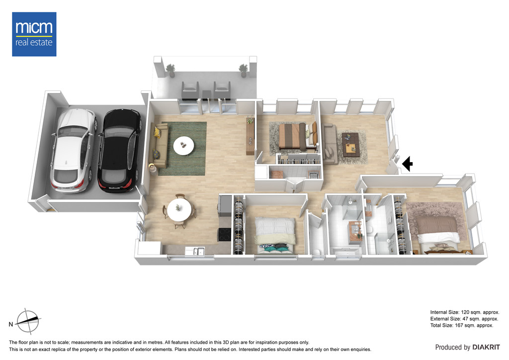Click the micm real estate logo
pos(34,34)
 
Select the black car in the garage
pos(120,151)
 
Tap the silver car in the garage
pos(74,150)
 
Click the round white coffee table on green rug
pos(183,146)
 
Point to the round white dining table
pos(179,210)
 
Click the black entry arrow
pos(408,164)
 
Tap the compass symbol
pos(28,321)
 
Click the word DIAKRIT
pos(486,348)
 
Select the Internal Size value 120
pos(465,312)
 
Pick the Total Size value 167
pos(459,325)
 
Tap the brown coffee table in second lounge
pos(350,145)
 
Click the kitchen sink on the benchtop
pos(195,251)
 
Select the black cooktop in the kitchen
pos(224,234)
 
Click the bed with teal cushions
pos(275,235)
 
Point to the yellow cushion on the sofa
pos(158,132)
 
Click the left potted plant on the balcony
pos(170,71)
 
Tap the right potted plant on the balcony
pos(244,71)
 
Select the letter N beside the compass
pos(11,324)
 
